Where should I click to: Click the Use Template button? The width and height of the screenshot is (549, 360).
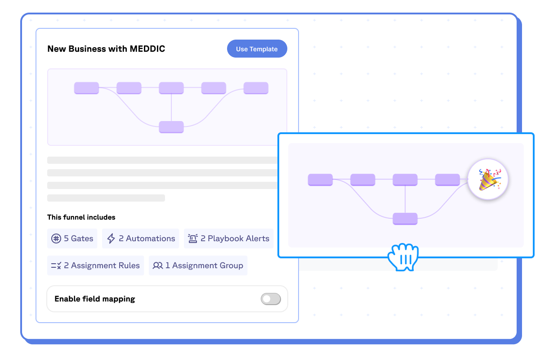[257, 49]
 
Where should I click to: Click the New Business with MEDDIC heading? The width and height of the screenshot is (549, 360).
[106, 49]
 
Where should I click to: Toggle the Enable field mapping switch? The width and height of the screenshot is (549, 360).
[271, 299]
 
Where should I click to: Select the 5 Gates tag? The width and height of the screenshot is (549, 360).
[72, 238]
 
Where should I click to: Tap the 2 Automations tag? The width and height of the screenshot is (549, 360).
[141, 238]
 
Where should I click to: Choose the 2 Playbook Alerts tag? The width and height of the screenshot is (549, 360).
[229, 238]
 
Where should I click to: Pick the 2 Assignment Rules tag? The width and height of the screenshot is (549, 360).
[96, 265]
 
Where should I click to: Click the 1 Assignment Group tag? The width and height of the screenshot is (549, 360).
[198, 265]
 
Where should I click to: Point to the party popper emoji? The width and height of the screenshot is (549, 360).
[488, 180]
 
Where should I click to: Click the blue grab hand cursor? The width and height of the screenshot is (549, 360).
[403, 257]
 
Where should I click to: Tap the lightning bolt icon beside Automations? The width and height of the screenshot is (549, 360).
[111, 238]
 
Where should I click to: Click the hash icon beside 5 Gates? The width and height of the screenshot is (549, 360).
[56, 238]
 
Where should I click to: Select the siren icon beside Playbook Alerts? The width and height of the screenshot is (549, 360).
[193, 238]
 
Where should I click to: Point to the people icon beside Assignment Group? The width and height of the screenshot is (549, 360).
[158, 265]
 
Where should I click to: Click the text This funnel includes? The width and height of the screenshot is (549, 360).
[81, 217]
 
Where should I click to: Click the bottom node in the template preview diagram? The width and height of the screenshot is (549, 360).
[171, 127]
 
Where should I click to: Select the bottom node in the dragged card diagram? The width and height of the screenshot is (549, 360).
[405, 219]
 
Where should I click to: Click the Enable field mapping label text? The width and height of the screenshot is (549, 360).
[95, 299]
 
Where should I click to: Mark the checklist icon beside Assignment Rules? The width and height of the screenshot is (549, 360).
[56, 265]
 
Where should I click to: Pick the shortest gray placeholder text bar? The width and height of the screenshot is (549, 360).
[106, 198]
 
